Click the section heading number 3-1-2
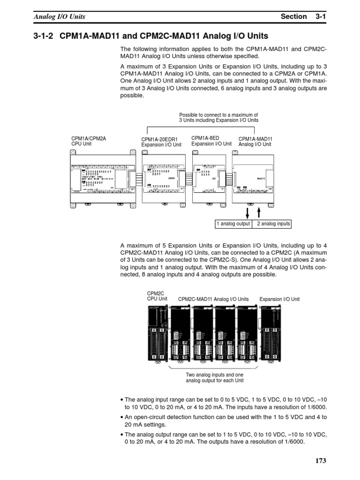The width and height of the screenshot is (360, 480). tap(44, 36)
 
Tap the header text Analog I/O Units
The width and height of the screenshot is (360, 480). tap(59, 16)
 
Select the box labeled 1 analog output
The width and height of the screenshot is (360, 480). tap(233, 224)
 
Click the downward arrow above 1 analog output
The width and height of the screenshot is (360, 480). tap(247, 212)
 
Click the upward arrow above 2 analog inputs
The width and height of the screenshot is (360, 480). tap(258, 212)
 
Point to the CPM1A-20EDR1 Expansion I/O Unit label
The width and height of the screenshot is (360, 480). tap(161, 142)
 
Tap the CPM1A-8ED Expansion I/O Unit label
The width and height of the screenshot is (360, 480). tap(211, 141)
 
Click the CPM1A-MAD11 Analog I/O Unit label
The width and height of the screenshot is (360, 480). tap(255, 142)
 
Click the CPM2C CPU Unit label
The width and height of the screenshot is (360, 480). tap(157, 296)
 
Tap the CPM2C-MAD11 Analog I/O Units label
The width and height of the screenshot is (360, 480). tap(213, 299)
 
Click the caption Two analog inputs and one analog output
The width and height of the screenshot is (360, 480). tap(215, 378)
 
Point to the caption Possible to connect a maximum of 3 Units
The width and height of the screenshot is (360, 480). tap(219, 117)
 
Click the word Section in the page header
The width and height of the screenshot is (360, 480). tap(293, 16)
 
